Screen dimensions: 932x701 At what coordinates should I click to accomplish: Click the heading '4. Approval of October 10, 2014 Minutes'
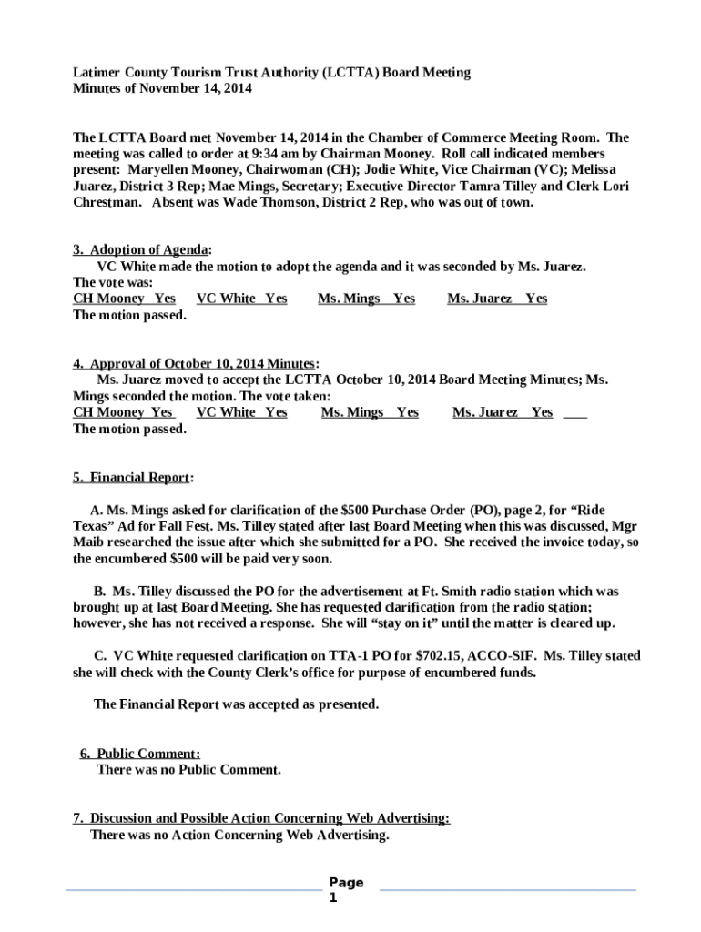coord(195,363)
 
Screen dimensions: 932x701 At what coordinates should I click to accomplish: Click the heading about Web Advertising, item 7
coord(260,818)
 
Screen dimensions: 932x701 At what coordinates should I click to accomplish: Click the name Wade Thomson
coord(277,203)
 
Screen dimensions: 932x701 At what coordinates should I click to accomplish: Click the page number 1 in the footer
coord(333,897)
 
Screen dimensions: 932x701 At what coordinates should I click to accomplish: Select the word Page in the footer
coord(346,882)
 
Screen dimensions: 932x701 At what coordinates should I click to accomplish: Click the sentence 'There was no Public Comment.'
coord(188,769)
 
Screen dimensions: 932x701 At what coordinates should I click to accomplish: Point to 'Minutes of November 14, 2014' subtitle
coord(162,89)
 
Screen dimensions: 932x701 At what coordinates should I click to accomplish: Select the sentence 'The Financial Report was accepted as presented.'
coord(236,704)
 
